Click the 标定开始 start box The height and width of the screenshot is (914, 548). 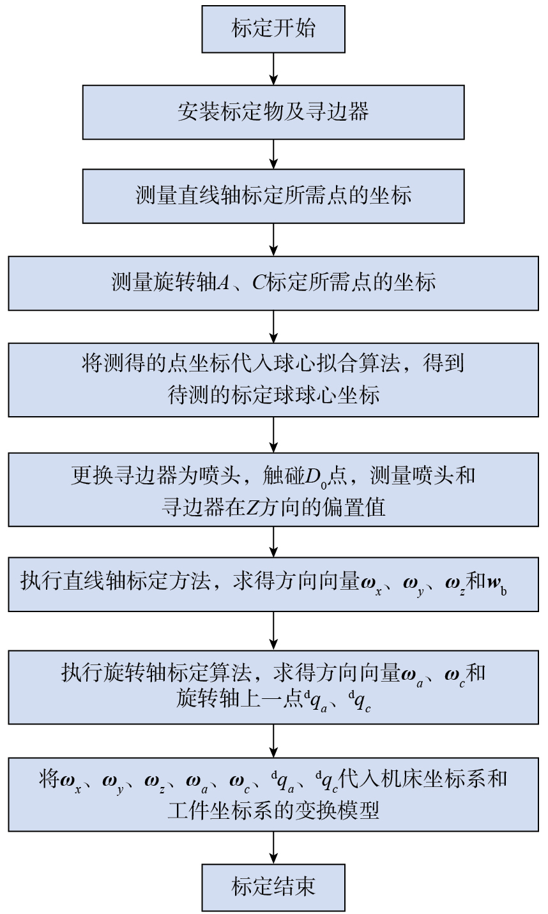[273, 29]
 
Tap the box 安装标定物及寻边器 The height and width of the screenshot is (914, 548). [273, 112]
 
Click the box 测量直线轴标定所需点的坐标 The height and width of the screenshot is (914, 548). [273, 196]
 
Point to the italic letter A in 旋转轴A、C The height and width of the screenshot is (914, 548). [223, 282]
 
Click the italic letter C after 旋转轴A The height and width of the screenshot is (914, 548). [259, 282]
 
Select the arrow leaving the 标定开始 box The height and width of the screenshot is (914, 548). [273, 69]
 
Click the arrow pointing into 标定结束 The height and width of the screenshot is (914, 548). [273, 848]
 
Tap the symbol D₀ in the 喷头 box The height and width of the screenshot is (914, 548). [316, 477]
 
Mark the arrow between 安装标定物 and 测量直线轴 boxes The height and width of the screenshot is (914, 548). [273, 154]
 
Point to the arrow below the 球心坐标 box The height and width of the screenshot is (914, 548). [273, 435]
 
